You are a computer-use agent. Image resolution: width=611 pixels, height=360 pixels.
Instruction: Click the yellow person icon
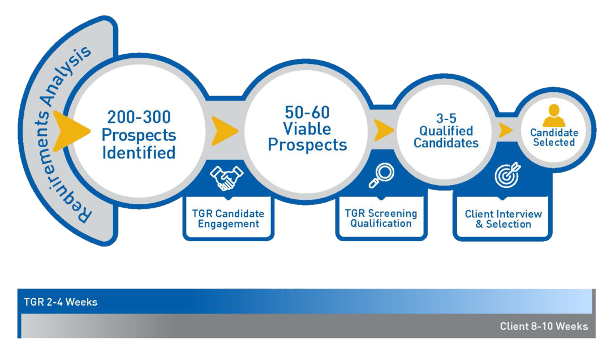[554, 115]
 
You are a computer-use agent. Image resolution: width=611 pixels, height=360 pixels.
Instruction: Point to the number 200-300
[139, 118]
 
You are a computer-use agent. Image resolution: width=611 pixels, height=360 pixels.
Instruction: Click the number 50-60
[307, 112]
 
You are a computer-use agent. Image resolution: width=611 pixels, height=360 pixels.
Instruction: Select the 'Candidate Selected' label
[554, 138]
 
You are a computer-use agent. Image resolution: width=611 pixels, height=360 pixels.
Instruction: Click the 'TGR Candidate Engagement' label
[229, 218]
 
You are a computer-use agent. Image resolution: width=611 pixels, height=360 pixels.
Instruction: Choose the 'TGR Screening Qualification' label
[381, 218]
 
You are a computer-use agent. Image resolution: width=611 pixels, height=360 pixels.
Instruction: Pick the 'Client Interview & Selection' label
[503, 219]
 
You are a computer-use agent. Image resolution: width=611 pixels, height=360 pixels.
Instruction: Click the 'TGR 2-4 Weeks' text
[61, 302]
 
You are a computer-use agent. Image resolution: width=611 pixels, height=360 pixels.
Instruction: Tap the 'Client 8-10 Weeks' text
[544, 327]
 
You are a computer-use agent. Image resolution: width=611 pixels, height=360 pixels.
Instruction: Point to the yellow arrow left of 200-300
[72, 131]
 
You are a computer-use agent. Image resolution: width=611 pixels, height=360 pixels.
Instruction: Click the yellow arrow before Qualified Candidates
[384, 131]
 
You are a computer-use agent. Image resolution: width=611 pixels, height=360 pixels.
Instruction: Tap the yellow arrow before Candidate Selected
[505, 130]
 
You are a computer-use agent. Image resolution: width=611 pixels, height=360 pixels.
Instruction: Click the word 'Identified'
[139, 153]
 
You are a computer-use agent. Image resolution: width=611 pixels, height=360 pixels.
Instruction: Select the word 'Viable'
[307, 128]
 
